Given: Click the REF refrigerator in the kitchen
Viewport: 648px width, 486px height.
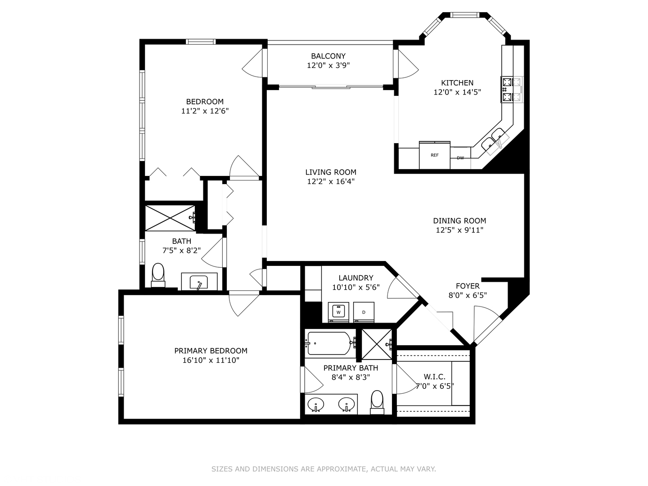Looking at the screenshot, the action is pyautogui.click(x=435, y=155).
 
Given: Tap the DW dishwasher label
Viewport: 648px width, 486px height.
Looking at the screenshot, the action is pyautogui.click(x=460, y=158).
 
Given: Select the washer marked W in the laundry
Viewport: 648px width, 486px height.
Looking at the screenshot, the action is pyautogui.click(x=338, y=312).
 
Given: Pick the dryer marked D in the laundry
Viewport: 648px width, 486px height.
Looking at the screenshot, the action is pyautogui.click(x=364, y=312).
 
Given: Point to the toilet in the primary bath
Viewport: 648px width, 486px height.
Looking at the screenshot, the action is pyautogui.click(x=377, y=402).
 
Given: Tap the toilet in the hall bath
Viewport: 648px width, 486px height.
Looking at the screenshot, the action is pyautogui.click(x=158, y=275).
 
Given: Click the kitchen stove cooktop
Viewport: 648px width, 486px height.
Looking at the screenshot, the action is pyautogui.click(x=512, y=90).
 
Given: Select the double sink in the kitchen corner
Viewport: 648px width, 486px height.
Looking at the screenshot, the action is pyautogui.click(x=495, y=141).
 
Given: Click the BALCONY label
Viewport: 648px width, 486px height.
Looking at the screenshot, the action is pyautogui.click(x=328, y=56).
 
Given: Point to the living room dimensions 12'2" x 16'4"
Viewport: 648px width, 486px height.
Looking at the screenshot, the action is pyautogui.click(x=331, y=181).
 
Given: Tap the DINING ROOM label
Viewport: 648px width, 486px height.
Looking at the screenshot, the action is pyautogui.click(x=459, y=220).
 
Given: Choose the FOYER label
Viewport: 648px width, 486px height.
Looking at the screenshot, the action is pyautogui.click(x=468, y=286).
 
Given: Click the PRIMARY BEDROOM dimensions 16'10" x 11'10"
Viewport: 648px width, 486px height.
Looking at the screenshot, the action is pyautogui.click(x=211, y=360).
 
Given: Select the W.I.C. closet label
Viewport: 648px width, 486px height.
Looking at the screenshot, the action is pyautogui.click(x=435, y=377).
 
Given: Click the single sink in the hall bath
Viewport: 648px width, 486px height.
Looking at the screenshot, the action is pyautogui.click(x=199, y=282).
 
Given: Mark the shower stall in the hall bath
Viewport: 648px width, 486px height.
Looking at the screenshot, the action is pyautogui.click(x=170, y=218).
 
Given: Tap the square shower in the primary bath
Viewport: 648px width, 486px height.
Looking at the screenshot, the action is pyautogui.click(x=377, y=344).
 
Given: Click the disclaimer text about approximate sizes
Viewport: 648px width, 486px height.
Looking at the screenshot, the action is pyautogui.click(x=324, y=469).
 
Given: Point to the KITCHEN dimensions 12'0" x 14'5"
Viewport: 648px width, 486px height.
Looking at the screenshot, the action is pyautogui.click(x=457, y=92).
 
